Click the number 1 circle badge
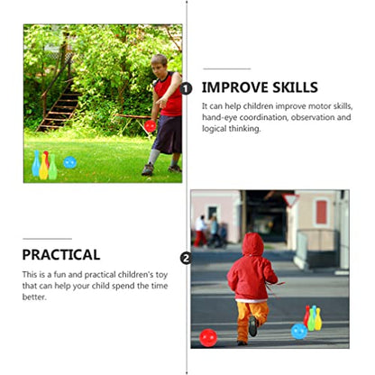point(186,89)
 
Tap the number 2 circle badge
point(186,259)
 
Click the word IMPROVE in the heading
point(234,87)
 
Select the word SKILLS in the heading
point(295,87)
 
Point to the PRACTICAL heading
point(61,255)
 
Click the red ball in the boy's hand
point(150,126)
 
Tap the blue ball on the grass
point(70,162)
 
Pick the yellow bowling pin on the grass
point(43,167)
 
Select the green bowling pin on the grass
point(53,167)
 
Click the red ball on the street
point(208,338)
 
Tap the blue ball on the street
point(299,331)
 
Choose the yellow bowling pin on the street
point(318,319)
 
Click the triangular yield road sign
point(290,200)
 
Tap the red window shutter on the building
point(322,212)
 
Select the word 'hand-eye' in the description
point(219,117)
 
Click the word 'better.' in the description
point(34,297)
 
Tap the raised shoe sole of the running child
point(253,325)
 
